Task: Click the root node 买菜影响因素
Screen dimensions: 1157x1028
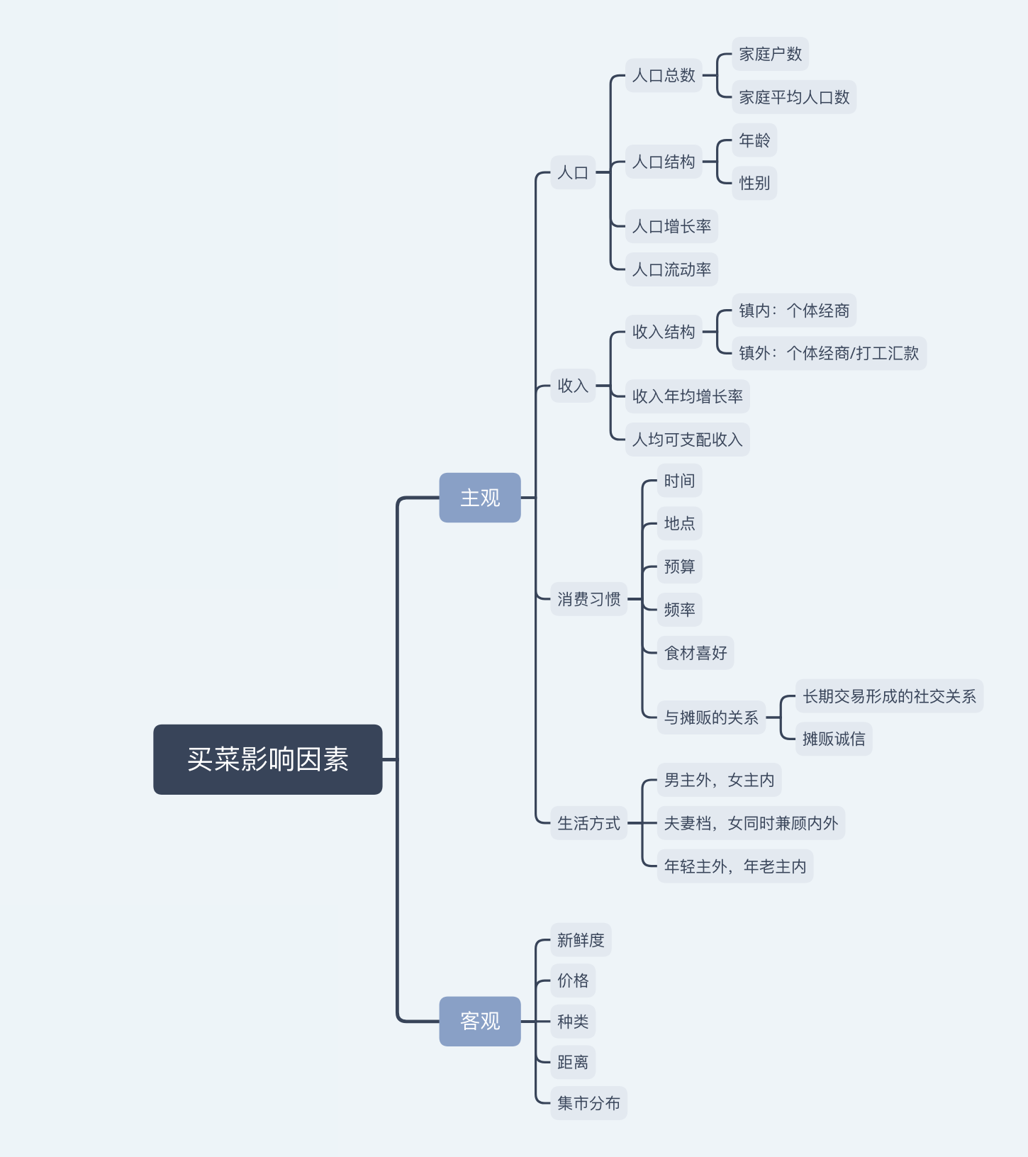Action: pyautogui.click(x=267, y=759)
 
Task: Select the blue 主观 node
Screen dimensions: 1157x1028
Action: pyautogui.click(x=480, y=498)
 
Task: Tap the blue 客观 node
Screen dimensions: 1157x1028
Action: pyautogui.click(x=480, y=1021)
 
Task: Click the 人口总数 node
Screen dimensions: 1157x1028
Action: pyautogui.click(x=664, y=75)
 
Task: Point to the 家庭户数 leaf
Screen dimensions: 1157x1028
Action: pyautogui.click(x=770, y=54)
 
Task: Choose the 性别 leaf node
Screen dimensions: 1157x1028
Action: pyautogui.click(x=754, y=183)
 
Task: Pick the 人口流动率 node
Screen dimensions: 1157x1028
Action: pyautogui.click(x=671, y=269)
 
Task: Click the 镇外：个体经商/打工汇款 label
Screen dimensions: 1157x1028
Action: pyautogui.click(x=829, y=353)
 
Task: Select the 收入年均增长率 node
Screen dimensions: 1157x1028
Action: pyautogui.click(x=687, y=396)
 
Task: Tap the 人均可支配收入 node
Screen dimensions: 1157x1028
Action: pyautogui.click(x=687, y=440)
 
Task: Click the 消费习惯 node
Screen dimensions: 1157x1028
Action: pyautogui.click(x=588, y=599)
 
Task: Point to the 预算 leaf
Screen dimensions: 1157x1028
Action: pyautogui.click(x=679, y=566)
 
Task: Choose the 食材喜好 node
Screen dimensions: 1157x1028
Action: pyautogui.click(x=695, y=653)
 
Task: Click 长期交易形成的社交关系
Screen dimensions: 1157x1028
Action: pyautogui.click(x=889, y=696)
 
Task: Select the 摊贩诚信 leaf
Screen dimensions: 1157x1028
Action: pyautogui.click(x=834, y=739)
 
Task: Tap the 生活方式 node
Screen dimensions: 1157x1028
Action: pyautogui.click(x=588, y=823)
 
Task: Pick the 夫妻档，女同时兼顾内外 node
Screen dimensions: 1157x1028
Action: pyautogui.click(x=751, y=823)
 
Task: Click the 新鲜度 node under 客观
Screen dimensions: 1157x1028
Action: pyautogui.click(x=581, y=940)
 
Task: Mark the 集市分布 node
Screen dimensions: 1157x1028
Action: pyautogui.click(x=588, y=1103)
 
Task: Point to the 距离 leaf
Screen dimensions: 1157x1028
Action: pyautogui.click(x=573, y=1062)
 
